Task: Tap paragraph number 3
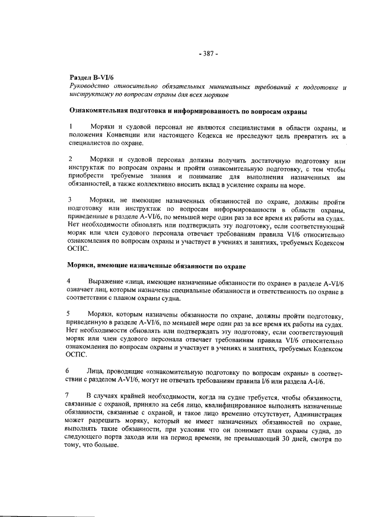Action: [70, 200]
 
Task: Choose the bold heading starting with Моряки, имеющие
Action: [157, 266]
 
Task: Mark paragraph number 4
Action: [70, 282]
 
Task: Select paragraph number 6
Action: [70, 371]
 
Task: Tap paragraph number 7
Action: [70, 396]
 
